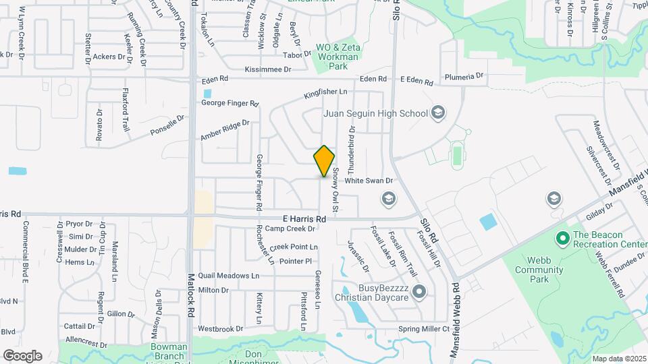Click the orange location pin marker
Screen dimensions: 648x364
pyautogui.click(x=324, y=161)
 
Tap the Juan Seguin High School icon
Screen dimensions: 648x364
pyautogui.click(x=438, y=113)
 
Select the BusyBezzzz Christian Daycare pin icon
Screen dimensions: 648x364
pyautogui.click(x=419, y=292)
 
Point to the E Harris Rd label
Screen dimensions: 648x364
pyautogui.click(x=304, y=219)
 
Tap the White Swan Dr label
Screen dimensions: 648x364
pyautogui.click(x=369, y=181)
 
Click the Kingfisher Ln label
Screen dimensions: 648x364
pyautogui.click(x=325, y=92)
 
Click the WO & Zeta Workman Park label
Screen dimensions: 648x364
pyautogui.click(x=342, y=57)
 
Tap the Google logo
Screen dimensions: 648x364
pyautogui.click(x=22, y=355)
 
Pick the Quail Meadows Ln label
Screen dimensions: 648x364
pyautogui.click(x=228, y=276)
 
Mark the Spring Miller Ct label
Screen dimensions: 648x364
pyautogui.click(x=423, y=329)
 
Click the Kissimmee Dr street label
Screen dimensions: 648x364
pyautogui.click(x=268, y=69)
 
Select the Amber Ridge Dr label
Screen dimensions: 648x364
pyautogui.click(x=225, y=131)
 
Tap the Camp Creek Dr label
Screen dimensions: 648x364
pyautogui.click(x=291, y=229)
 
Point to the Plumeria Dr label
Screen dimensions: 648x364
pyautogui.click(x=462, y=76)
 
